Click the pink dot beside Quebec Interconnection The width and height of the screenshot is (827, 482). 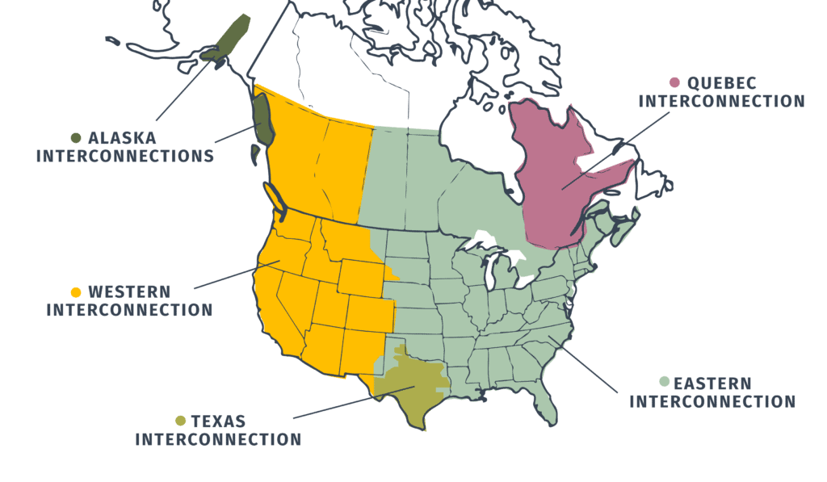point(674,82)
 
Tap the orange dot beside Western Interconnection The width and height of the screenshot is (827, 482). point(77,292)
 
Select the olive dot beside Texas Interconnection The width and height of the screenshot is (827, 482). point(181,421)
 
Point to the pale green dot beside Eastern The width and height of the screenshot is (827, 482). point(664,382)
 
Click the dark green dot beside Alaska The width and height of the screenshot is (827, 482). point(77,138)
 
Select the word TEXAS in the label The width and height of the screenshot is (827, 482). point(218,421)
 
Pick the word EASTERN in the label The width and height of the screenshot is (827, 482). point(712,383)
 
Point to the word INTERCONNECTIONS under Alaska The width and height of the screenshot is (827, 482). point(125,156)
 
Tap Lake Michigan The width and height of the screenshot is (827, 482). point(490,274)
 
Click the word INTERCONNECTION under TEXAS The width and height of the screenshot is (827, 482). point(218,439)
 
